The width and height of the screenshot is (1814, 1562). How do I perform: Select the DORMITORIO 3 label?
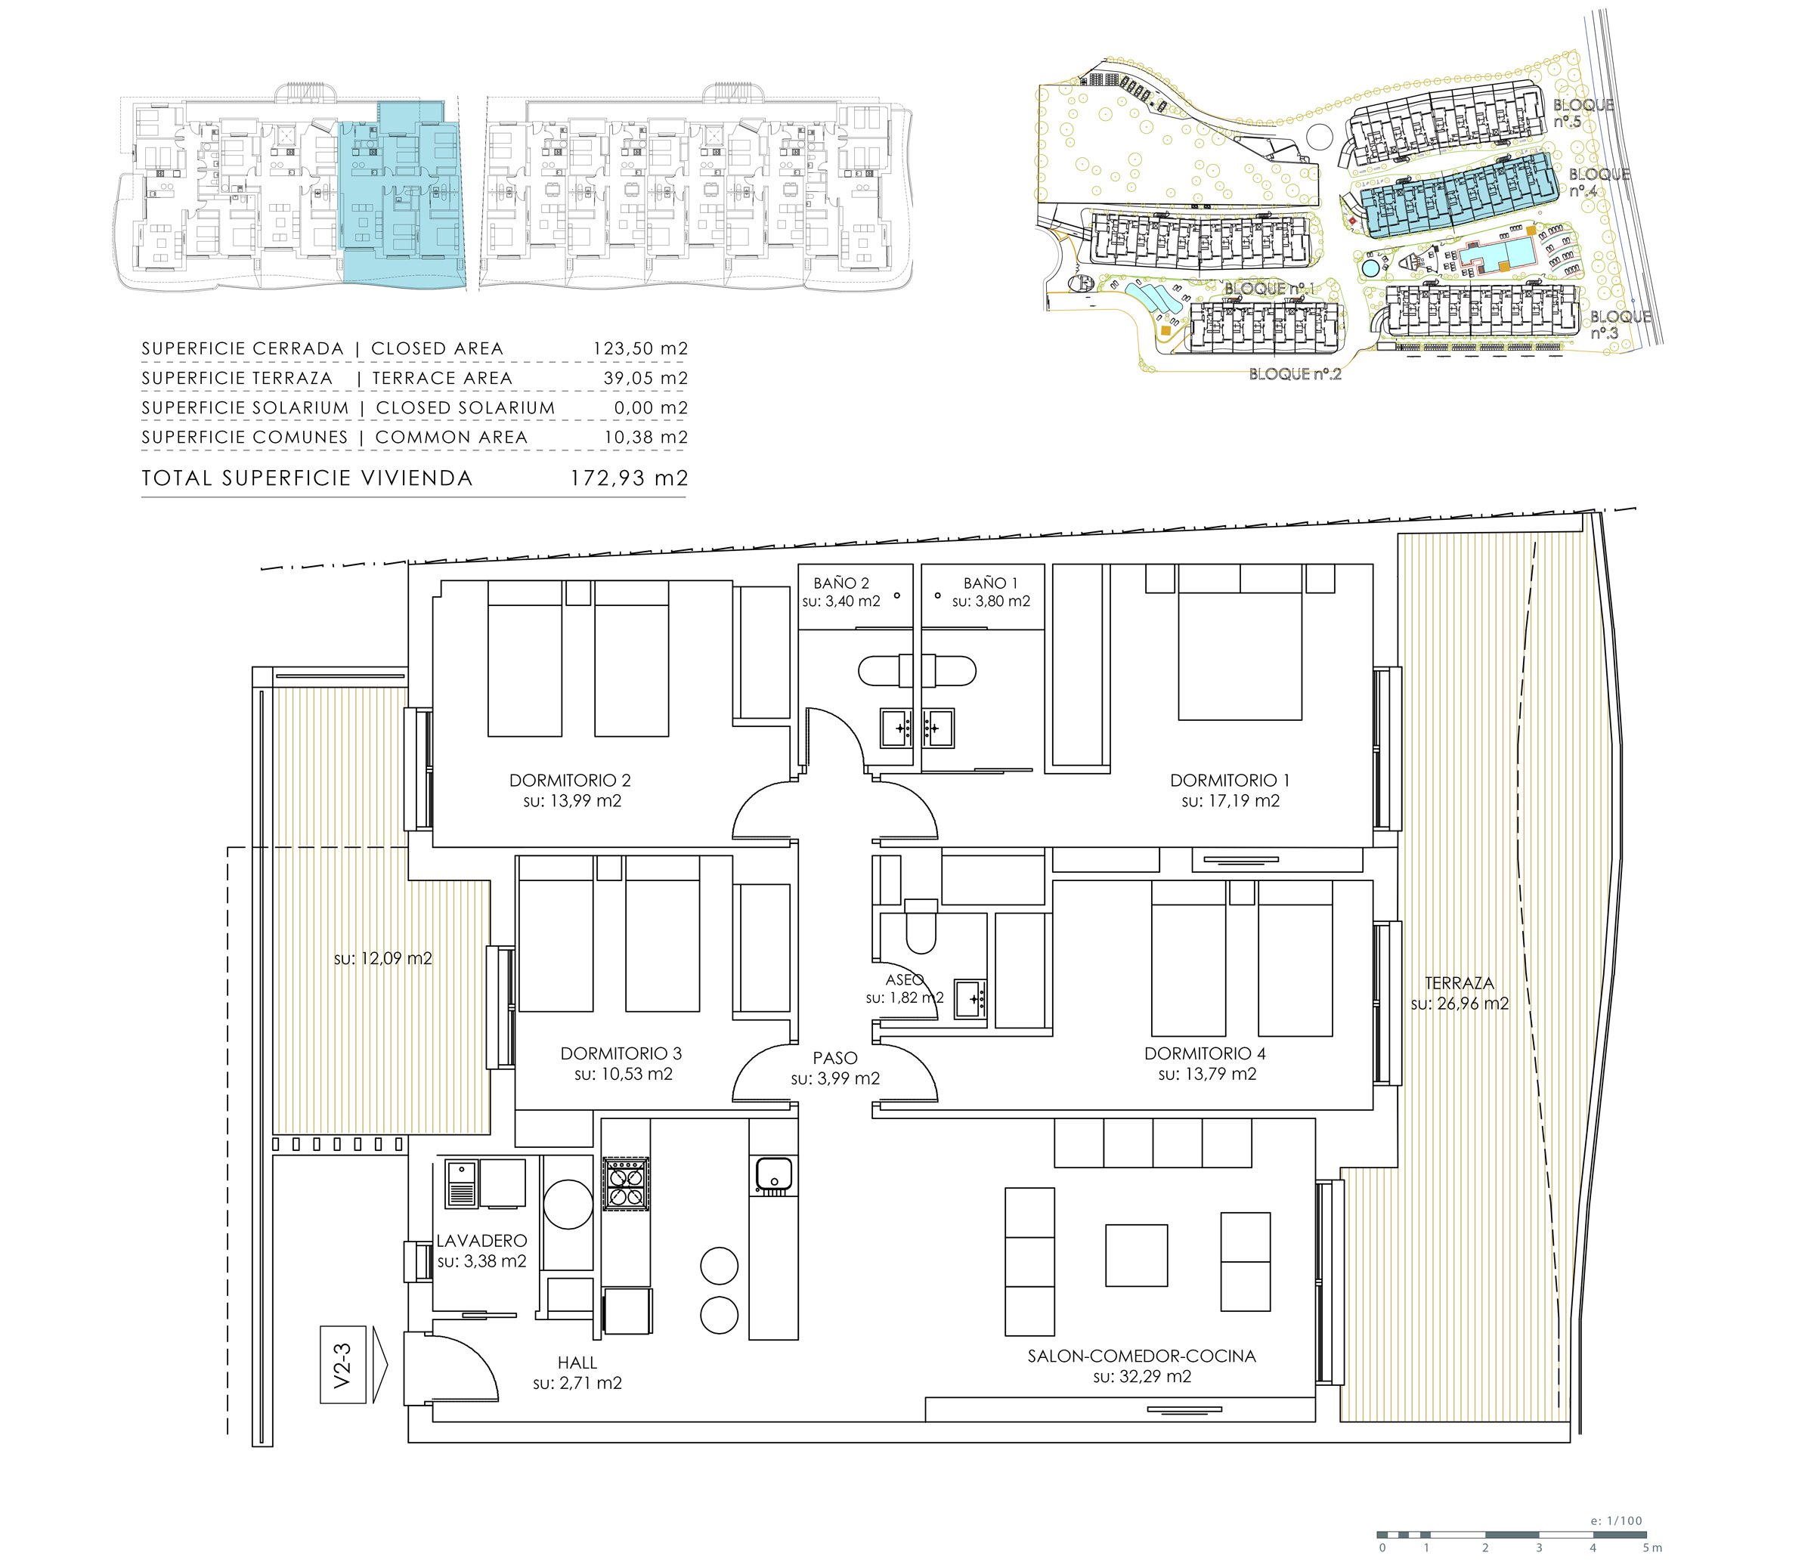[x=621, y=1053]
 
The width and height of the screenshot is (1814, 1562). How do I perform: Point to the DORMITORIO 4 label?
[x=1205, y=1053]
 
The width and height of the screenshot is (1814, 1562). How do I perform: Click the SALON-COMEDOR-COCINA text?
[x=1141, y=1356]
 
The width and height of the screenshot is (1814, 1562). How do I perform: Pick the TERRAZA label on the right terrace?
[x=1459, y=982]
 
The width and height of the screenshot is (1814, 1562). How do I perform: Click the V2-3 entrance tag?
[x=342, y=1365]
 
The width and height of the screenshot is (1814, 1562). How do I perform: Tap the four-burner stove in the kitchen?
[x=626, y=1185]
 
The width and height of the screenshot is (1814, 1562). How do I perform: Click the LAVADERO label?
[x=481, y=1240]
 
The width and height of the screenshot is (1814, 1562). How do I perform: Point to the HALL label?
[x=577, y=1362]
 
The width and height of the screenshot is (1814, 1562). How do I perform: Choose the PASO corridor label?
[x=835, y=1058]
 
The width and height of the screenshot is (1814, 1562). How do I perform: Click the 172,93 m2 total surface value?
[x=630, y=478]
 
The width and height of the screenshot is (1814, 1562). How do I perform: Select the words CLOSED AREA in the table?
[x=438, y=348]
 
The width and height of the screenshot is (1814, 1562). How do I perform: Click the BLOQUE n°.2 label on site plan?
[x=1295, y=373]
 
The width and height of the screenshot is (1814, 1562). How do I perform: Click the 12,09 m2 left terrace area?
[x=382, y=958]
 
